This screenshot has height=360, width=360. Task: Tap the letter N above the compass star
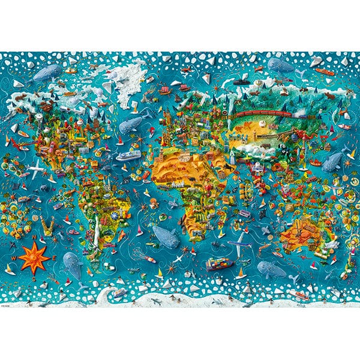click(34, 238)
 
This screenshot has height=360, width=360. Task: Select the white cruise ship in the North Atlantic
click(128, 155)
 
